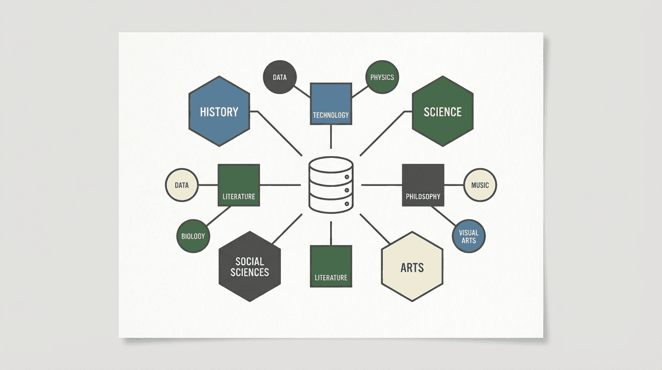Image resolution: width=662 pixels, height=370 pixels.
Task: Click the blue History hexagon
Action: pos(219,111)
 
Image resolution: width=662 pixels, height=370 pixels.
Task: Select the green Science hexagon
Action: pos(443,111)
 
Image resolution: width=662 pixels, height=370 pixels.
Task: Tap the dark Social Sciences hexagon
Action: pos(249,266)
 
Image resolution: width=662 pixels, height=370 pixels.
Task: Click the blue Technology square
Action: pos(331,104)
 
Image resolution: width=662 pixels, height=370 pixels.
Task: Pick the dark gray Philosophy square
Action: pos(423,185)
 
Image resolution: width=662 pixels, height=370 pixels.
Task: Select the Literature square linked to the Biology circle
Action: pos(239,185)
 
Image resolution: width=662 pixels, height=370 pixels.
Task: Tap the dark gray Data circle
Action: pos(280,77)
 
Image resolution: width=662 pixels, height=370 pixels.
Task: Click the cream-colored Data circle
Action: pos(181,185)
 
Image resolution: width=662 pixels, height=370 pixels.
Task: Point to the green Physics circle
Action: pos(382,77)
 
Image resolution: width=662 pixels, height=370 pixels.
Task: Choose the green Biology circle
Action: pos(193,236)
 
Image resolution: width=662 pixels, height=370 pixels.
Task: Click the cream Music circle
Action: pos(480,185)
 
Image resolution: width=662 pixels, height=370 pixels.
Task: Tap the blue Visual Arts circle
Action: pos(469,236)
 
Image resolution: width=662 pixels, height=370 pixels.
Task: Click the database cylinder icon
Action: pos(331,185)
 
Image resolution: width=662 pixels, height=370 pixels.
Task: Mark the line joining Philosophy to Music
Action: pos(454,185)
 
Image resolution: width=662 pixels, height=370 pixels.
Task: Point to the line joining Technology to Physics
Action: pos(359,91)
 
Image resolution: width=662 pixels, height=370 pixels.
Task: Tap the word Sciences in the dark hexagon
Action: pos(249,272)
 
